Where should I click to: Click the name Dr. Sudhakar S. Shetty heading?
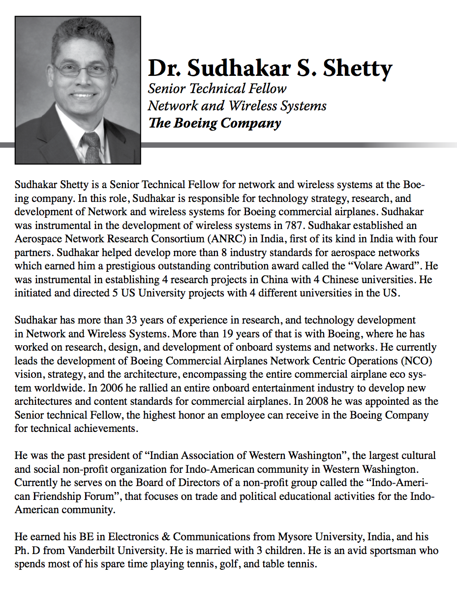(x=270, y=68)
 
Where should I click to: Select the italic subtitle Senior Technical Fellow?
(x=217, y=89)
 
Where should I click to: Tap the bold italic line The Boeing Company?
(x=214, y=123)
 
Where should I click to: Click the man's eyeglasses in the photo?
(x=83, y=69)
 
